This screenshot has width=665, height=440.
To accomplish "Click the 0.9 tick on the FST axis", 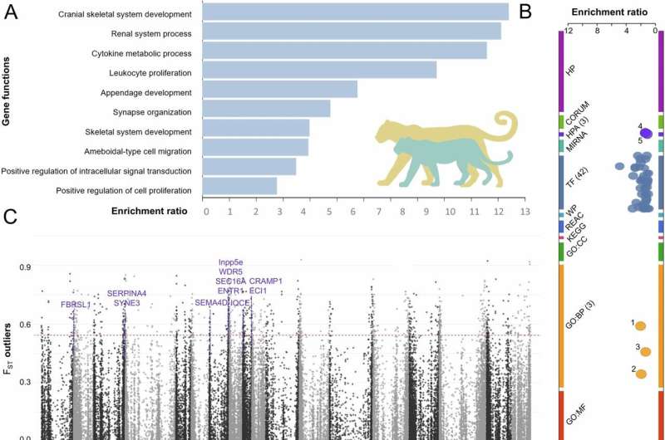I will [26, 267].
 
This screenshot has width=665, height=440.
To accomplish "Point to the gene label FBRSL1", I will [76, 305].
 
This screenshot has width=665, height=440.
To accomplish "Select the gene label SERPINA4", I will [126, 293].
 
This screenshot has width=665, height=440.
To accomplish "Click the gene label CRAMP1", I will [266, 281].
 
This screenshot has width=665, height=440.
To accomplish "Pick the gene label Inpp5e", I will [231, 262].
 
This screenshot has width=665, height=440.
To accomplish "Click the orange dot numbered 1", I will [640, 325].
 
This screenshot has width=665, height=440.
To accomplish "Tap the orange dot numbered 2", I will [640, 373].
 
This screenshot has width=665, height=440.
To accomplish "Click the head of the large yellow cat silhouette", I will [388, 132].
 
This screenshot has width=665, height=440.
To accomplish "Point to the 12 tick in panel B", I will [568, 31].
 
